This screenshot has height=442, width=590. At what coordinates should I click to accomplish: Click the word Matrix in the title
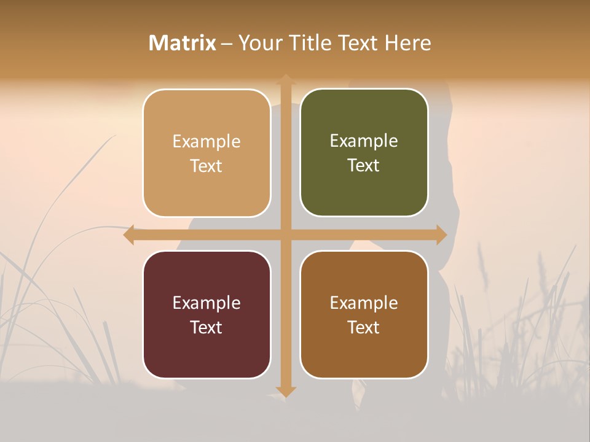click(183, 43)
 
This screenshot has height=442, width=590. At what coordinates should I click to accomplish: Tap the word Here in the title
click(407, 43)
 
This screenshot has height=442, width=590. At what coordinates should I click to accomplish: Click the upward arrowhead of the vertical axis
click(285, 79)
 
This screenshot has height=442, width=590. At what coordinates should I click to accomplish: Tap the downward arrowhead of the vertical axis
click(285, 391)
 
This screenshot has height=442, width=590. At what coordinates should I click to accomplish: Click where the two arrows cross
click(285, 235)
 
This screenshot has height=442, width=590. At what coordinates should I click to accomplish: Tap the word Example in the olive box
click(364, 141)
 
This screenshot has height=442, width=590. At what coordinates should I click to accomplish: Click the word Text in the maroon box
click(206, 327)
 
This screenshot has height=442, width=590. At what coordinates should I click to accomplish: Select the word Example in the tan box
click(206, 142)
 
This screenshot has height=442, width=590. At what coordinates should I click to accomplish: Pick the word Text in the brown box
click(364, 327)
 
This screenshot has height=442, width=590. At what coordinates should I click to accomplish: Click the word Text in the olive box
click(364, 166)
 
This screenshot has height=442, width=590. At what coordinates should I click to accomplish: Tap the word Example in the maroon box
click(206, 303)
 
